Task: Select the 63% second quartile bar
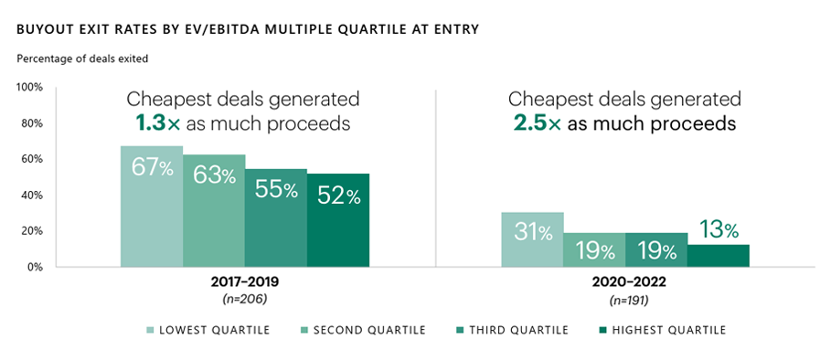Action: (x=214, y=211)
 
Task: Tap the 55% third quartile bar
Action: (x=276, y=218)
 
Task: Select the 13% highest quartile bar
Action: (x=719, y=256)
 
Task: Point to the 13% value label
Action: (x=719, y=229)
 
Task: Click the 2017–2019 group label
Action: (x=245, y=283)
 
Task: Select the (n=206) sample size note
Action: (x=245, y=299)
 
